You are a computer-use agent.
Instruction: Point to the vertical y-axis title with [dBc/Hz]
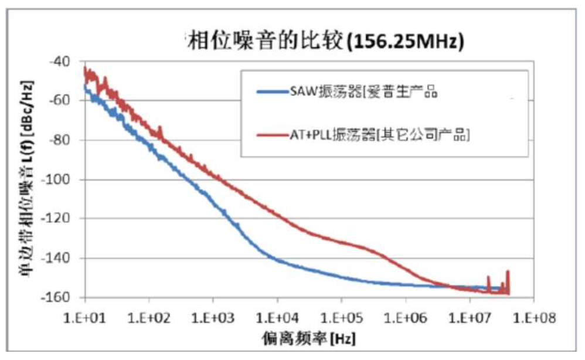tap(28, 179)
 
